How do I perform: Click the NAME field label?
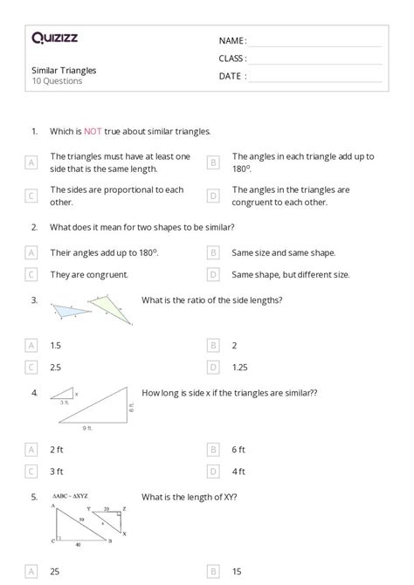pyautogui.click(x=232, y=41)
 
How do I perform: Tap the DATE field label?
pyautogui.click(x=232, y=76)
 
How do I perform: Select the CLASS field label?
pyautogui.click(x=233, y=58)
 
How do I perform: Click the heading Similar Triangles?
pyautogui.click(x=64, y=70)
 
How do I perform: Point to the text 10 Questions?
pyautogui.click(x=57, y=81)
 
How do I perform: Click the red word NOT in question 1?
pyautogui.click(x=93, y=132)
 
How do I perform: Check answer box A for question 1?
pyautogui.click(x=31, y=162)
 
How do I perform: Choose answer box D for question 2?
pyautogui.click(x=213, y=274)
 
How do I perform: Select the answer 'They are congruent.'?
pyautogui.click(x=89, y=274)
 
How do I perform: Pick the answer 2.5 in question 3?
pyautogui.click(x=57, y=368)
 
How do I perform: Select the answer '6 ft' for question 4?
pyautogui.click(x=238, y=449)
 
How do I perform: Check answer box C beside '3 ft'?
pyautogui.click(x=31, y=471)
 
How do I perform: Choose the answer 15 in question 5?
pyautogui.click(x=238, y=571)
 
